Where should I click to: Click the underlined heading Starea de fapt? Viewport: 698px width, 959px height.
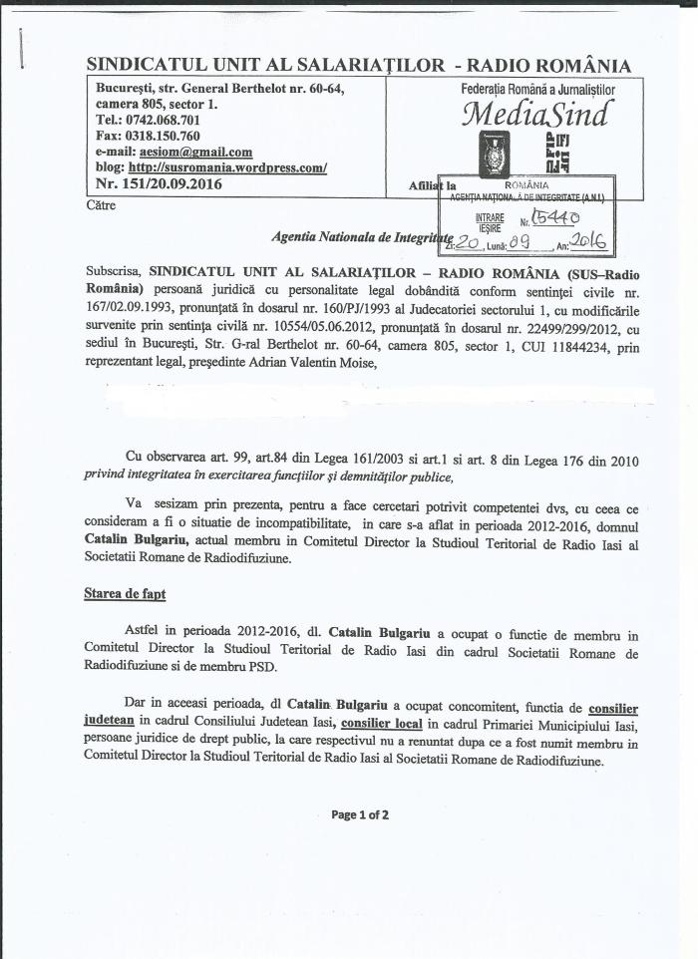[x=125, y=594]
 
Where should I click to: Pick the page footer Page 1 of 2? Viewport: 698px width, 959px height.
[x=360, y=814]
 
